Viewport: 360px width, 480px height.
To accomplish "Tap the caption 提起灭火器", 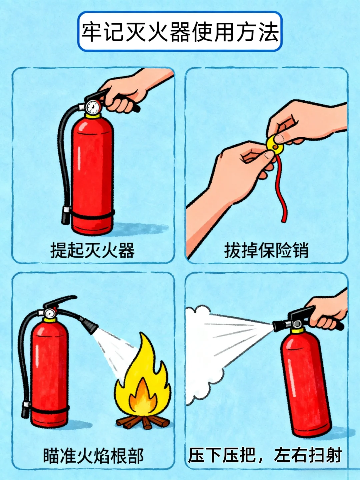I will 92,250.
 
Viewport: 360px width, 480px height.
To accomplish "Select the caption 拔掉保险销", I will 266,250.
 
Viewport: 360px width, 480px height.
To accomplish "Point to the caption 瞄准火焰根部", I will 93,456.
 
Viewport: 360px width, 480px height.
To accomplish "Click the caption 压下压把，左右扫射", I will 265,455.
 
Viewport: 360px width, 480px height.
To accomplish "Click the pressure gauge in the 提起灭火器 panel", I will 93,107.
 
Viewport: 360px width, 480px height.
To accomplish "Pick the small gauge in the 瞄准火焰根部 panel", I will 50,313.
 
